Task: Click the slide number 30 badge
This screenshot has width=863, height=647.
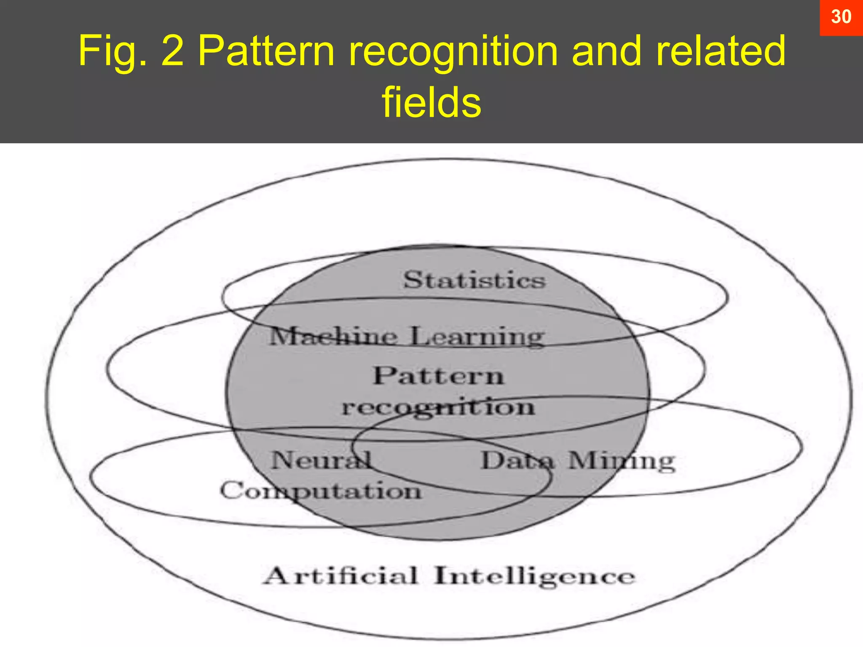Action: (x=841, y=17)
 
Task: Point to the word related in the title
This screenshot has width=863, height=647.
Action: (x=721, y=51)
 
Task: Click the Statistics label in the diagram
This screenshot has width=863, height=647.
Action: (x=474, y=280)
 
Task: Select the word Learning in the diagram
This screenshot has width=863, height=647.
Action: (x=477, y=337)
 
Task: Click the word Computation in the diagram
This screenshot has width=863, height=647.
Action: (x=321, y=491)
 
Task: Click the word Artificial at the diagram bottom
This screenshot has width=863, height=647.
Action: (x=340, y=576)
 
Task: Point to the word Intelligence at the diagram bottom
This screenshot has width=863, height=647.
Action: (x=534, y=577)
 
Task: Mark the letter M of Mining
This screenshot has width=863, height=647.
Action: (x=583, y=460)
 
